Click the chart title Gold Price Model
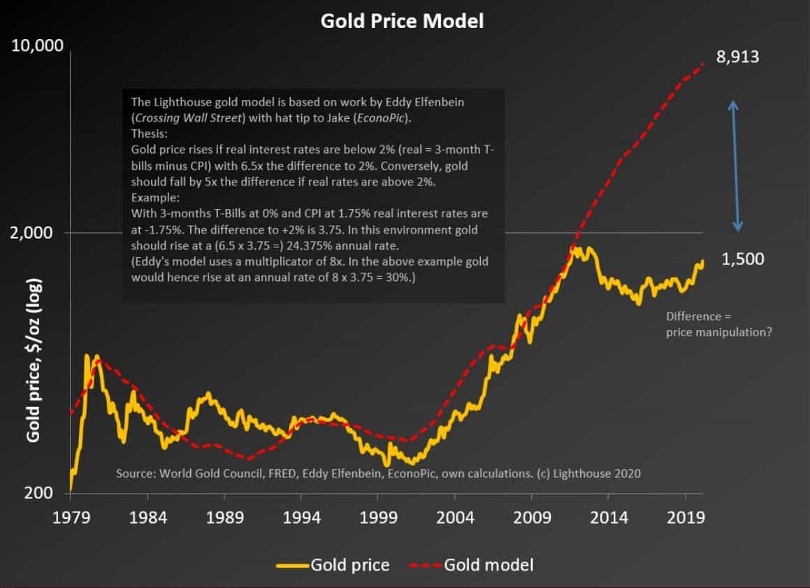[402, 21]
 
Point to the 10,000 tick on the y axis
[37, 47]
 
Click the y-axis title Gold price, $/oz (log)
[33, 360]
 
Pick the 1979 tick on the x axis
[71, 519]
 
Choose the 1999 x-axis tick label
[377, 519]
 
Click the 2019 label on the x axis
[684, 519]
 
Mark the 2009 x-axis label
[530, 519]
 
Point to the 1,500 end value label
[742, 259]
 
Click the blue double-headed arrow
[735, 166]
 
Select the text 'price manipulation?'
[719, 332]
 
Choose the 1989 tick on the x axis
[224, 519]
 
